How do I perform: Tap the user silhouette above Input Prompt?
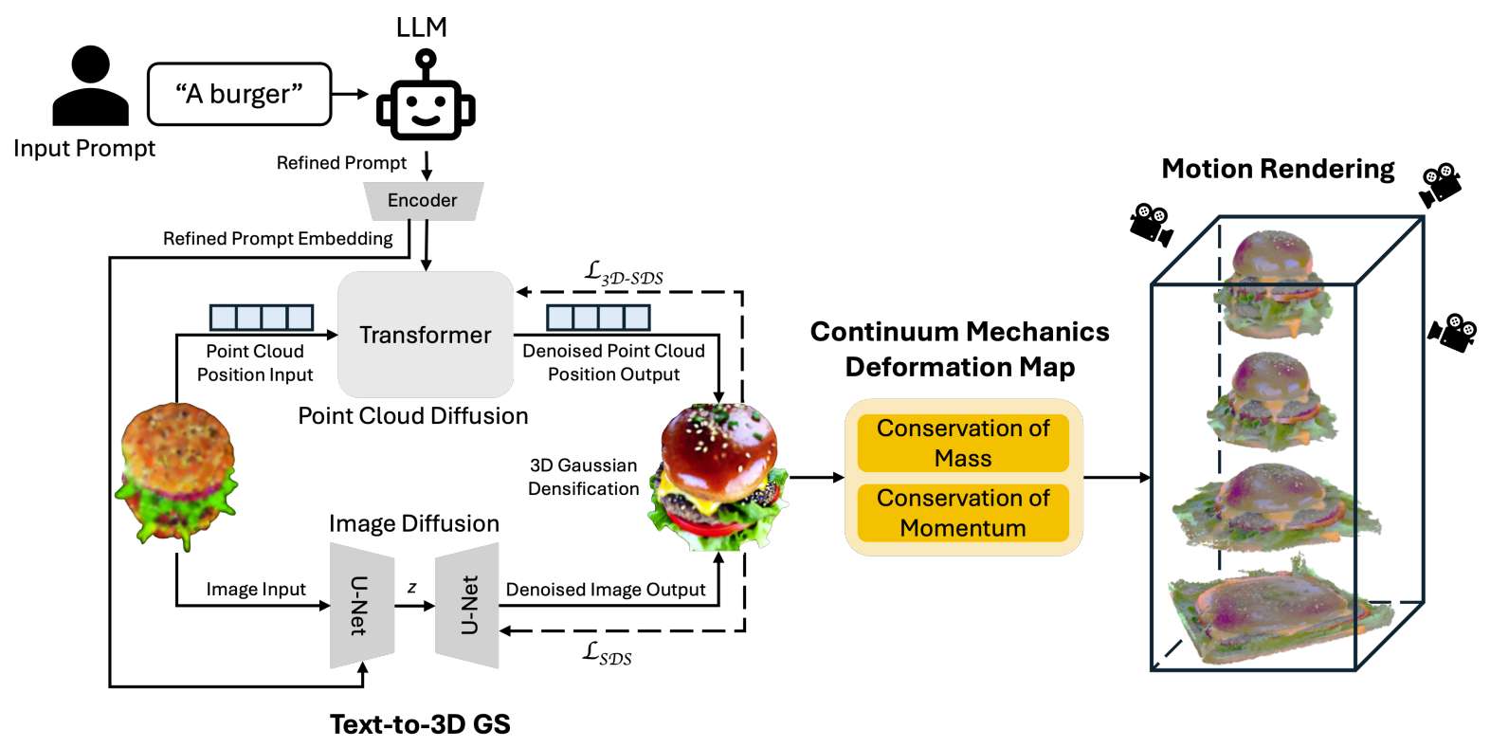tap(90, 87)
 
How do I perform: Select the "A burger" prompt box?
tap(240, 94)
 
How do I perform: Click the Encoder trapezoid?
tap(423, 201)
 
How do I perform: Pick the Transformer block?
tap(426, 335)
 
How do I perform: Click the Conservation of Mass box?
tap(963, 443)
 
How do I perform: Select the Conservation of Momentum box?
tap(963, 513)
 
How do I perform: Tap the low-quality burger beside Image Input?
tap(177, 474)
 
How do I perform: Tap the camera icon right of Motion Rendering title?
tap(1440, 184)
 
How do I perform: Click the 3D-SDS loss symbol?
tap(623, 273)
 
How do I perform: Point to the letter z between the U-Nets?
tap(412, 588)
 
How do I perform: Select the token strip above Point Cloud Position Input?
tap(262, 317)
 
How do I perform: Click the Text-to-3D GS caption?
tap(420, 724)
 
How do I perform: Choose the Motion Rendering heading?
tap(1278, 169)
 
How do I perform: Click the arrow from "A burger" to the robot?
tap(350, 94)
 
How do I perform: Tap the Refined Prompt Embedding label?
tap(278, 239)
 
